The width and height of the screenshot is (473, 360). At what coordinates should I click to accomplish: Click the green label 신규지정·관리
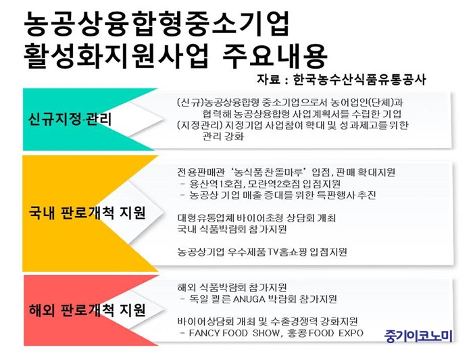point(70,119)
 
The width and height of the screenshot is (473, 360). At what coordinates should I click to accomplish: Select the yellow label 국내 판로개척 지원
point(87,213)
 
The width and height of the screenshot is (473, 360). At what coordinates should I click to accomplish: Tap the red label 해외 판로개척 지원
point(87,309)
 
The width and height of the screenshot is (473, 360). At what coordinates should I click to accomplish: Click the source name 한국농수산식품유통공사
point(359,80)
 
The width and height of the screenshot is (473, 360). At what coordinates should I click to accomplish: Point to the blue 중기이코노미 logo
point(419,335)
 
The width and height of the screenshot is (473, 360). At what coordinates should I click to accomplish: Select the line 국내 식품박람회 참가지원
point(232,230)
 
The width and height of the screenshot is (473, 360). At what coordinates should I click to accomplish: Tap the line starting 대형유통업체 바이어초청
point(256,218)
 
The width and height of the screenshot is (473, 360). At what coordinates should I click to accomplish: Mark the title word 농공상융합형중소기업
point(157,24)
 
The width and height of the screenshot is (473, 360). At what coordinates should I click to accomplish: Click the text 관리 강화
point(223,136)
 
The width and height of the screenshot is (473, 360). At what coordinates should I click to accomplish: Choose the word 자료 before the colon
point(268,80)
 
